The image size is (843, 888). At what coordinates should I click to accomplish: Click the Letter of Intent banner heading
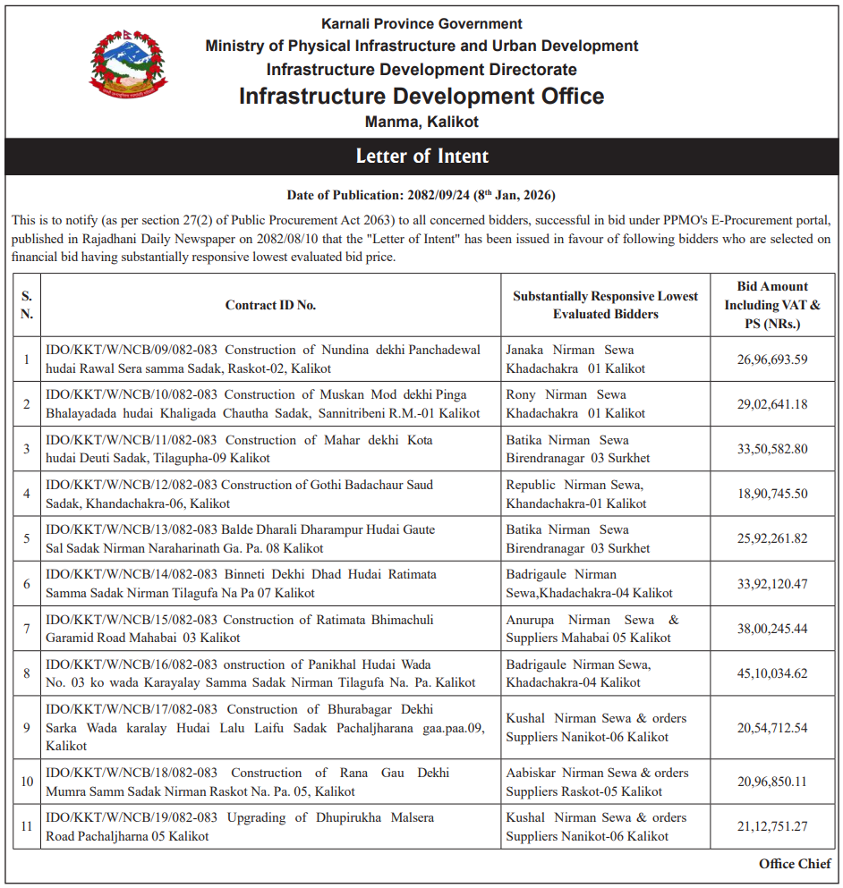(421, 156)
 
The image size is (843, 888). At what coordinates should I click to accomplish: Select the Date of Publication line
(421, 195)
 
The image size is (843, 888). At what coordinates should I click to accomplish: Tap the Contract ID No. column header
(270, 305)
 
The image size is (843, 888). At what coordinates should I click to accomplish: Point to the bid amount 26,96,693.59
(772, 359)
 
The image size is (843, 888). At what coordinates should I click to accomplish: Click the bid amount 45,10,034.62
(772, 673)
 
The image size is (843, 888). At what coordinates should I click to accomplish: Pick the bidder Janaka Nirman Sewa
(570, 350)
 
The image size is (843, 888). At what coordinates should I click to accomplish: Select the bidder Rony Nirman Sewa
(566, 394)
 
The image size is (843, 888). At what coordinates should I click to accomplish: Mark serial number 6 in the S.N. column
(27, 584)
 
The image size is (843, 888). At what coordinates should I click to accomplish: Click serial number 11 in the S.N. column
(27, 826)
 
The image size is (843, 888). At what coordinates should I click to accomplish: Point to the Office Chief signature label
(795, 863)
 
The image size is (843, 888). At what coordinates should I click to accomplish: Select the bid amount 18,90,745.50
(772, 494)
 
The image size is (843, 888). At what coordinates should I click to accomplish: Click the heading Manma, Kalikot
(421, 122)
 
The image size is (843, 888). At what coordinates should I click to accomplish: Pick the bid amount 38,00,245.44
(772, 629)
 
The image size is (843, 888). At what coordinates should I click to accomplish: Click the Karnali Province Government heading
(421, 24)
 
